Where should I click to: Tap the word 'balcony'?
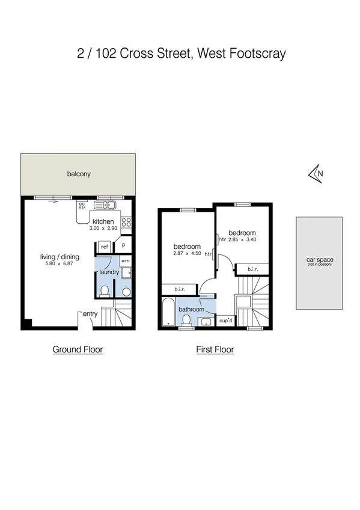79,174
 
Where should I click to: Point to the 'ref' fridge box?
104,247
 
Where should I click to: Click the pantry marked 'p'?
123,246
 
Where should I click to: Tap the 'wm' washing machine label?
125,261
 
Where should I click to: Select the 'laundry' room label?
109,272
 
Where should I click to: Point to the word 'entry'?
91,313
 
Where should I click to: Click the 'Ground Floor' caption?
78,349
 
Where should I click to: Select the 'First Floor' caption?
215,349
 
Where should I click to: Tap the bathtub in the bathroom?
168,313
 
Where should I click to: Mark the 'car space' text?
320,260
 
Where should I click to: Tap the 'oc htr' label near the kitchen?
81,206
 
